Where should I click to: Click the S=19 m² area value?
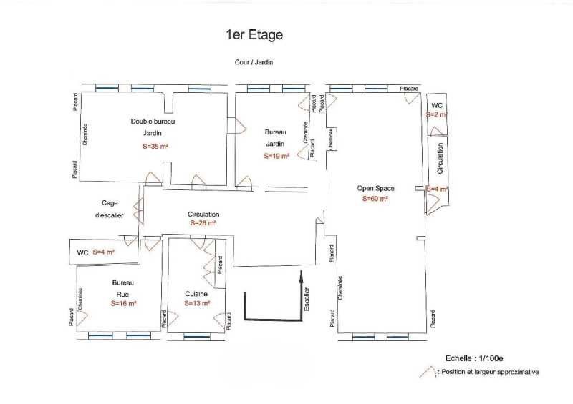click(x=276, y=155)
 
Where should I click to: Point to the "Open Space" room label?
click(x=376, y=189)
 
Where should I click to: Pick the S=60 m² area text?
click(x=375, y=199)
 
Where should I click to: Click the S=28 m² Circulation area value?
click(x=203, y=223)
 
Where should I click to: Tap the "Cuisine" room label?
click(x=196, y=294)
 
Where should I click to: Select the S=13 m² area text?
click(x=197, y=303)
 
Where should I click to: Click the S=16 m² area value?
click(x=123, y=303)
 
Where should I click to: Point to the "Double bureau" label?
click(x=153, y=122)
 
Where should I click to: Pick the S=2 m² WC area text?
click(x=436, y=114)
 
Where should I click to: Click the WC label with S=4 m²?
click(x=82, y=252)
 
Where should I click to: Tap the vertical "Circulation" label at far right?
click(x=440, y=158)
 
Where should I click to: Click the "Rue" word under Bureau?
click(x=122, y=293)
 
